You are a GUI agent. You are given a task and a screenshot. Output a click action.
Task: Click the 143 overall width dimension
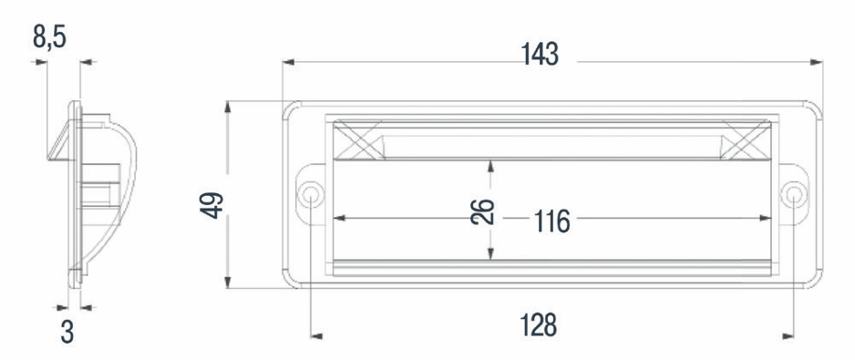(540, 55)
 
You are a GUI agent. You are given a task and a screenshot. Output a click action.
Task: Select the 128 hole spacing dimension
(538, 325)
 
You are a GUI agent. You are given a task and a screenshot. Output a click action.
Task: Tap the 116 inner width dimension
(551, 221)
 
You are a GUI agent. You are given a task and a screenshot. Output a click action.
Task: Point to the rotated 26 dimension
(483, 212)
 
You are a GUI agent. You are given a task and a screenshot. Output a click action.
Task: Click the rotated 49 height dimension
(212, 205)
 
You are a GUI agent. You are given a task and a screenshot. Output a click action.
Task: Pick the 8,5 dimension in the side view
(49, 37)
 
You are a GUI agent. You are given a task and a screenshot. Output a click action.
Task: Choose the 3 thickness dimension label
(67, 332)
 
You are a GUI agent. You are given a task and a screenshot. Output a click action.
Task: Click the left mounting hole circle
(310, 195)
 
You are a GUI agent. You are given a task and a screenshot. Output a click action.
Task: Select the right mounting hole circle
(793, 195)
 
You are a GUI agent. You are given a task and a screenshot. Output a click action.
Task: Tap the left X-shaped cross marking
(357, 140)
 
